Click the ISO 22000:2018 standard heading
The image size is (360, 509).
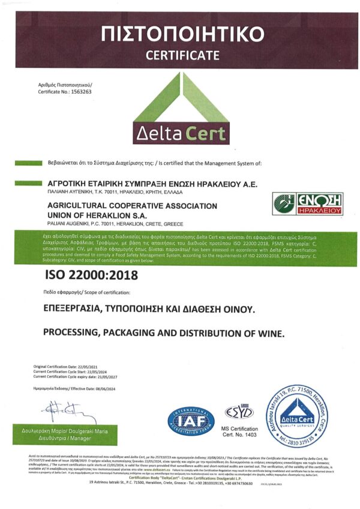[x=92, y=276]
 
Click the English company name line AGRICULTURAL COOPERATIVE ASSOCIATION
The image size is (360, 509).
[x=131, y=206]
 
